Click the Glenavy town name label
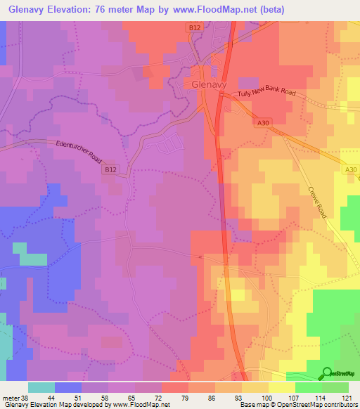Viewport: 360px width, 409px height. (208, 84)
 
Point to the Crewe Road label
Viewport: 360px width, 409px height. (318, 202)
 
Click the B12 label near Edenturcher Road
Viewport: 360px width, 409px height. (110, 169)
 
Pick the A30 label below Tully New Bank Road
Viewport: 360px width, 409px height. (263, 123)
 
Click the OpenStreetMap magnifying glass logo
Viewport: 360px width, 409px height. (328, 375)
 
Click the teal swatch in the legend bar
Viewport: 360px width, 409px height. (41, 387)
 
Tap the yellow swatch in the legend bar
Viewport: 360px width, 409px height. (281, 387)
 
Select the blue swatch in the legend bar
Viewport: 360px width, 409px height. (68, 387)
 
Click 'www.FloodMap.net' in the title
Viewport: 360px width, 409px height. (231, 10)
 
